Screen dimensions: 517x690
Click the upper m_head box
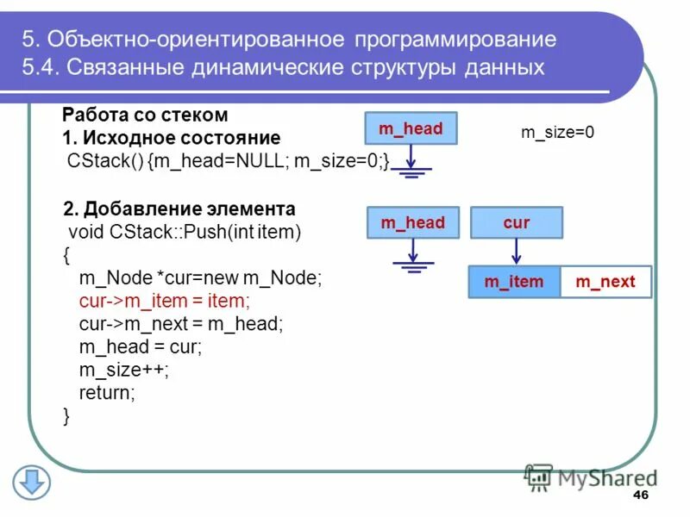tap(411, 128)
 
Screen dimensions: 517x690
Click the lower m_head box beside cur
tap(412, 223)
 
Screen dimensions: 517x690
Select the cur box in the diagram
tap(516, 223)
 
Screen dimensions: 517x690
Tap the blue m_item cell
tap(514, 282)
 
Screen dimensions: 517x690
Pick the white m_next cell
tap(605, 282)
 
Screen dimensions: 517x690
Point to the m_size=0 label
tap(558, 132)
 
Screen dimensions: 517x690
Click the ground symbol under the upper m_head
tap(412, 170)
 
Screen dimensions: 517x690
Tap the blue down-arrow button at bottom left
tap(32, 483)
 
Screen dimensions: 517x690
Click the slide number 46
tap(640, 495)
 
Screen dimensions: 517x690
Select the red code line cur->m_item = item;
tap(164, 302)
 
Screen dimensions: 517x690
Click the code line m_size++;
tap(124, 370)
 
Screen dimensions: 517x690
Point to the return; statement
tap(108, 393)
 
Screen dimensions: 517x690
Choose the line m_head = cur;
tap(141, 347)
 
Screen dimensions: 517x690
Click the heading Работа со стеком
tap(145, 115)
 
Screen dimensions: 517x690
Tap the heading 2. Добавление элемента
tap(179, 209)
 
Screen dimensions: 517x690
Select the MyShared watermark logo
tap(590, 477)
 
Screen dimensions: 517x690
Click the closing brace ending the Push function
tap(67, 416)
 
